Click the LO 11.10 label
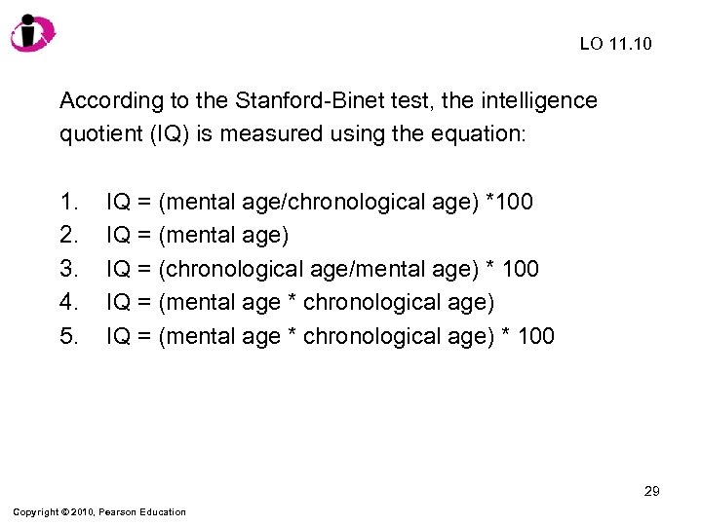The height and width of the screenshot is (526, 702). [616, 44]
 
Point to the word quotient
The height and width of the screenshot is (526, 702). [98, 134]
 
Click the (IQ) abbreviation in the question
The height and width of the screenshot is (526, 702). [171, 134]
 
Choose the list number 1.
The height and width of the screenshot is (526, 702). [68, 202]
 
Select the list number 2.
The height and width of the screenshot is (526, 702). [68, 235]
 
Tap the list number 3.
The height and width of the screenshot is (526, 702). [68, 269]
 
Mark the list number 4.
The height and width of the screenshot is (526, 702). [68, 302]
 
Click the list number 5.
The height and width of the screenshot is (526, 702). [68, 336]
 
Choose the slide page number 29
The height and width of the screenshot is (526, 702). [651, 491]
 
